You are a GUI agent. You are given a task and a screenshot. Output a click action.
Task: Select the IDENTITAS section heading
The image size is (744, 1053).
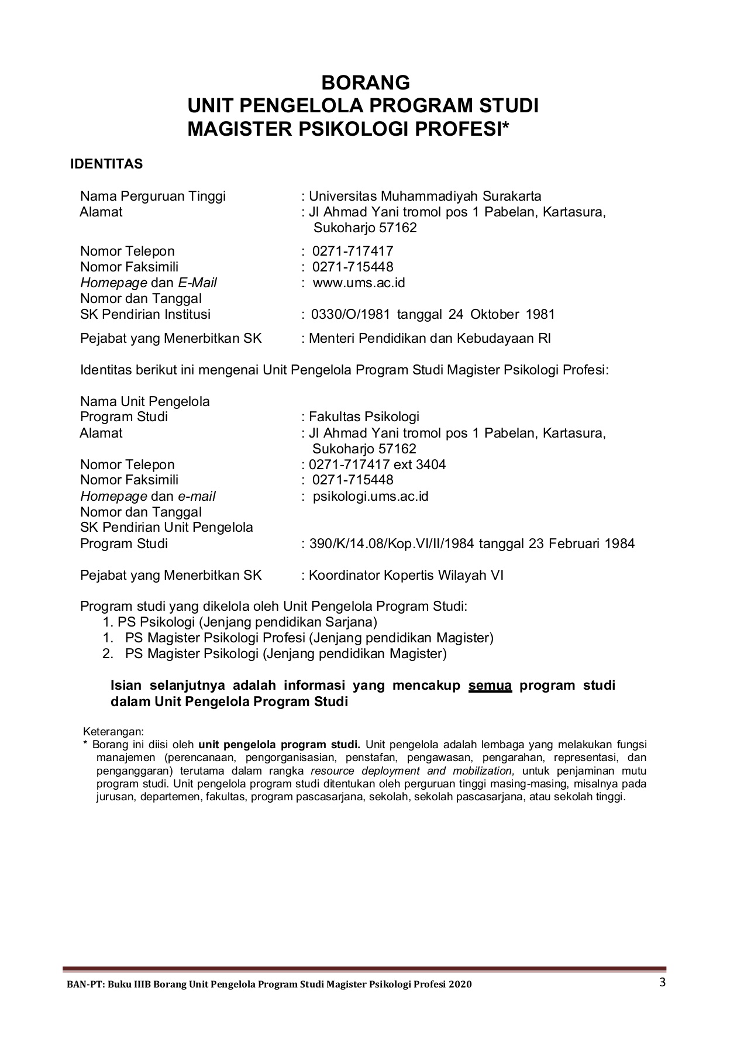pyautogui.click(x=106, y=164)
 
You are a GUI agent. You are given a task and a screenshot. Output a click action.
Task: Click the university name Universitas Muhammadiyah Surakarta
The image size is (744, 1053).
pyautogui.click(x=425, y=196)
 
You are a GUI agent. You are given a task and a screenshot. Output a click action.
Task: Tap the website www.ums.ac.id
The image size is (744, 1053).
pyautogui.click(x=359, y=283)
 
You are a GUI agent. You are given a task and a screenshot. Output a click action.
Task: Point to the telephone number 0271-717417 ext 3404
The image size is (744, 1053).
pyautogui.click(x=377, y=465)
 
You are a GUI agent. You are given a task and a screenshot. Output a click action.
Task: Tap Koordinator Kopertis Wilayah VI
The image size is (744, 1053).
pyautogui.click(x=406, y=576)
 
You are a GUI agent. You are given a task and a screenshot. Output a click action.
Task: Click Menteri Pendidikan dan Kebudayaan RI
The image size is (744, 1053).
pyautogui.click(x=430, y=339)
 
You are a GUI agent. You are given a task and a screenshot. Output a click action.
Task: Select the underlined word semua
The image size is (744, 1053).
pyautogui.click(x=490, y=686)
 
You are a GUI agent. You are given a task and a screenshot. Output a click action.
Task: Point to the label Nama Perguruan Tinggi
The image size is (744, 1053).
pyautogui.click(x=153, y=196)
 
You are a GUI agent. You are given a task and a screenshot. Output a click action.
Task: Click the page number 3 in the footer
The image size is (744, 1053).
pyautogui.click(x=663, y=982)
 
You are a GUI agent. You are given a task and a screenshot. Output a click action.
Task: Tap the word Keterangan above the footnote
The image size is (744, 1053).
pyautogui.click(x=113, y=732)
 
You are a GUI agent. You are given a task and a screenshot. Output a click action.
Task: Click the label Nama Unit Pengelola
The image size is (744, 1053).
pyautogui.click(x=145, y=402)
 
